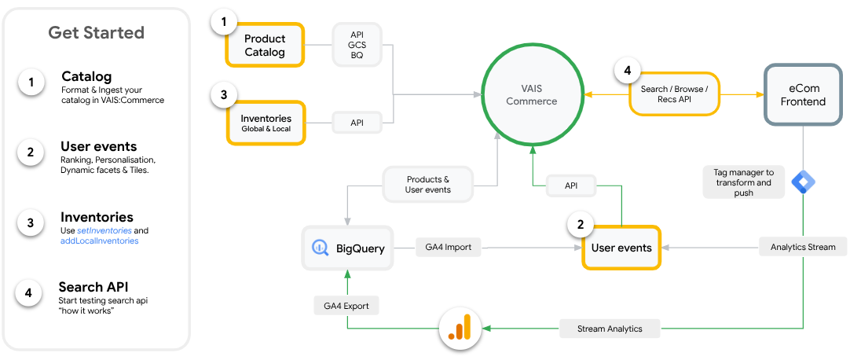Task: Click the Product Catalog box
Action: point(265,45)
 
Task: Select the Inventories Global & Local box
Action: point(266,123)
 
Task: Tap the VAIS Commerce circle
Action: point(531,94)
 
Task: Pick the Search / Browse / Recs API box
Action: point(674,94)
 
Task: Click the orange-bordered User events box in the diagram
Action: point(621,248)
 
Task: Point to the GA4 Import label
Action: point(448,247)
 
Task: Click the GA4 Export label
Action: point(346,305)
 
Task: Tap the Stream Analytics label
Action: point(610,329)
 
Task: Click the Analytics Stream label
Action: point(803,247)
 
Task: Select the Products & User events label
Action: point(427,184)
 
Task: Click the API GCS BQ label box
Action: point(357,46)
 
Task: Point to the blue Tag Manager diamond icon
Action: point(803,182)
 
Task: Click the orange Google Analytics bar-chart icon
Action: point(460,329)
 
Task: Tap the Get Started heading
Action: point(96,32)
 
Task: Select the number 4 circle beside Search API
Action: point(28,293)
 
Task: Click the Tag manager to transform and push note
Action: point(743,182)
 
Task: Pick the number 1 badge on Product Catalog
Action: point(224,23)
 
